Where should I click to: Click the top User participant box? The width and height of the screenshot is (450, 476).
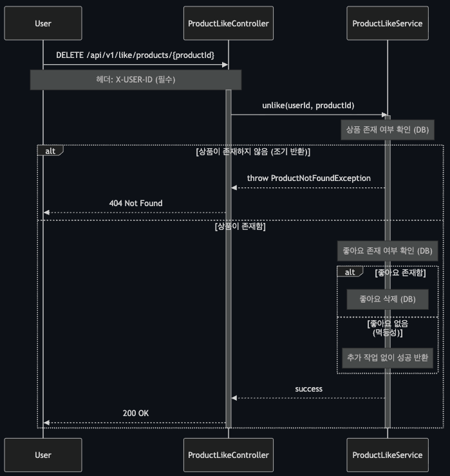tap(43, 24)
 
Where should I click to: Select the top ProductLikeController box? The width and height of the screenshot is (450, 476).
tap(228, 24)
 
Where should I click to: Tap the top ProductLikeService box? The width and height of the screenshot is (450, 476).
tap(388, 24)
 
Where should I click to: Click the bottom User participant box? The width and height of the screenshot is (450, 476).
tap(43, 455)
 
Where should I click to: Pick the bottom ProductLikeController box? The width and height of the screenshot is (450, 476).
tap(228, 455)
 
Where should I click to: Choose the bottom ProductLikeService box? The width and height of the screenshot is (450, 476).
tap(388, 455)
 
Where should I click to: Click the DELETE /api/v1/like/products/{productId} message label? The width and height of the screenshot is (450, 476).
tap(135, 55)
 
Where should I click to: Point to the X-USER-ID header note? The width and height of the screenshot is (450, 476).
tap(135, 80)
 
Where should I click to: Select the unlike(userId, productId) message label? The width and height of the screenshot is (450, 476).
tap(308, 105)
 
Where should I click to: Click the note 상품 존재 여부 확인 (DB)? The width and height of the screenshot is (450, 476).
tap(387, 130)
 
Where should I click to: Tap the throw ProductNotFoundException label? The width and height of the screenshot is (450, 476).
tap(308, 178)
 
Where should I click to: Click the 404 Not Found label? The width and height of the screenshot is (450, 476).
tap(135, 203)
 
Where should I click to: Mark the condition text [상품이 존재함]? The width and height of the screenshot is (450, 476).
tap(240, 227)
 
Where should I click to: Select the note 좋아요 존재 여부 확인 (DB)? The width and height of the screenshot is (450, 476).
tap(388, 251)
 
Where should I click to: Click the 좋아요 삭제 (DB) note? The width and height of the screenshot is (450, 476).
tap(388, 300)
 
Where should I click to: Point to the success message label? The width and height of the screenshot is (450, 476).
tap(308, 389)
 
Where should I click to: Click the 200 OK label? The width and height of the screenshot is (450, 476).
tap(135, 413)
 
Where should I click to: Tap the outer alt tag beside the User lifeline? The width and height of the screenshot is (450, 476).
tap(50, 151)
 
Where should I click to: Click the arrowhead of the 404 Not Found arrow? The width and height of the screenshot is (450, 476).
tap(46, 213)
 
